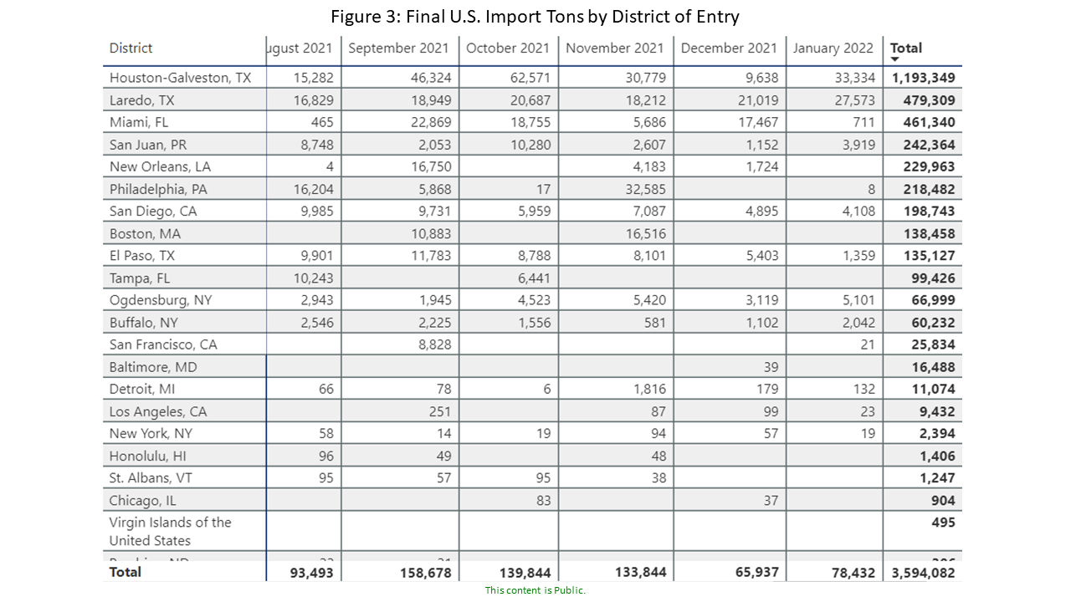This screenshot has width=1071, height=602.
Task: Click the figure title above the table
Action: tap(535, 16)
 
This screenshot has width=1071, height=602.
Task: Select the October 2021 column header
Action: tap(508, 48)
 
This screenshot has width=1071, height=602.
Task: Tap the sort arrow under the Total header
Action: tap(894, 59)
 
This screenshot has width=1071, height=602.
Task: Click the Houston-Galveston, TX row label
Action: tap(180, 78)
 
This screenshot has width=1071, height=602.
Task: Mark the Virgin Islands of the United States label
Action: tap(171, 532)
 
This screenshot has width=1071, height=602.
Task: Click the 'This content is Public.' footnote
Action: tap(535, 590)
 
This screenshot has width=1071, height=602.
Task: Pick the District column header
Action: tap(131, 48)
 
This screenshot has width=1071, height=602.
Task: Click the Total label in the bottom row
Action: tap(126, 572)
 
